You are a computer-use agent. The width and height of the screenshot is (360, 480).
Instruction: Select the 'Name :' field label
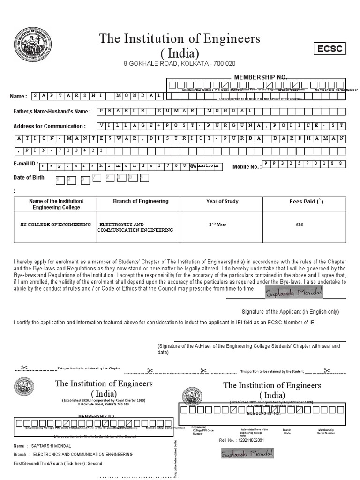point(19,96)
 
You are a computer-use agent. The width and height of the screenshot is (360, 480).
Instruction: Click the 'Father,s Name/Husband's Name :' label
point(52,112)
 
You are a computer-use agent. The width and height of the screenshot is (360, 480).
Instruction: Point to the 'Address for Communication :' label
point(50,126)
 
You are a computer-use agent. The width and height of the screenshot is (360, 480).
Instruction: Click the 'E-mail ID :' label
point(25,164)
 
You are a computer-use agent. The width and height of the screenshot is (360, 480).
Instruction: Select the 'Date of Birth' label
point(29,177)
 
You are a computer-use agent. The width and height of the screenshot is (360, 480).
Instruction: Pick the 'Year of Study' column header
point(222,202)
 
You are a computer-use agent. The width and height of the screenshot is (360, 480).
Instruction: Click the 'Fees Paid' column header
point(306,202)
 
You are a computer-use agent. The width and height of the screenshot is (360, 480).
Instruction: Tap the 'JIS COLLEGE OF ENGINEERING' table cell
point(53,225)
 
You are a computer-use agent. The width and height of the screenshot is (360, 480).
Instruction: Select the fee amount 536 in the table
point(299,225)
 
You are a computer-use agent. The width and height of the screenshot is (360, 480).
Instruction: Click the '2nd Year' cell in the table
point(217,225)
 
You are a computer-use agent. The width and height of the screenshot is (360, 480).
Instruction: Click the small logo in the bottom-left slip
point(24,388)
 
